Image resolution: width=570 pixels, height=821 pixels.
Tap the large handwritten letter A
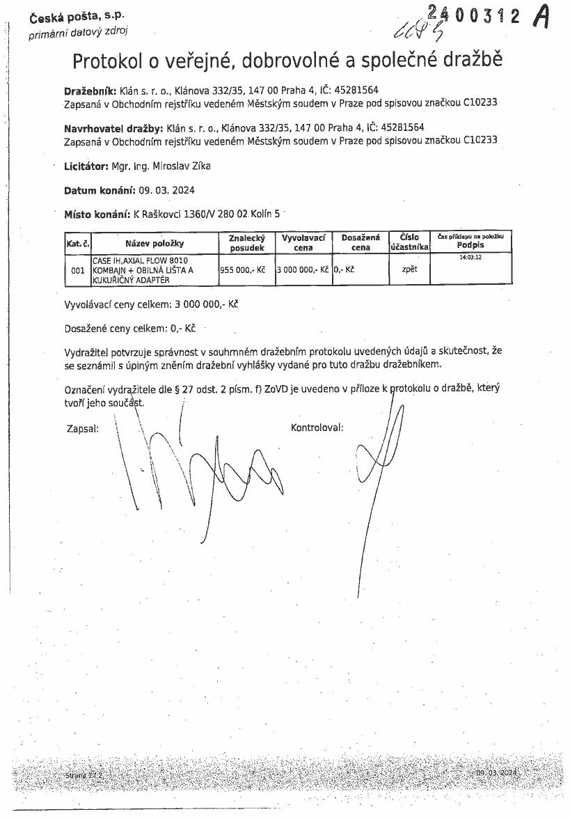click(540, 17)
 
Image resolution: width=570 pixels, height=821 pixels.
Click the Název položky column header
click(154, 243)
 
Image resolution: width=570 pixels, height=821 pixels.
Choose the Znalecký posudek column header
click(246, 243)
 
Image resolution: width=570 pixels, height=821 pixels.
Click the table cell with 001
click(77, 269)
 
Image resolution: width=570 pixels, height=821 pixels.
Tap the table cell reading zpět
click(409, 269)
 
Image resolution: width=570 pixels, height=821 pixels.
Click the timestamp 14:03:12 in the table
click(470, 258)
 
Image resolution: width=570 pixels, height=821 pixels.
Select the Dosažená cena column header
click(360, 242)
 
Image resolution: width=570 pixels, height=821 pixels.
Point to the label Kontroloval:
click(317, 428)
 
